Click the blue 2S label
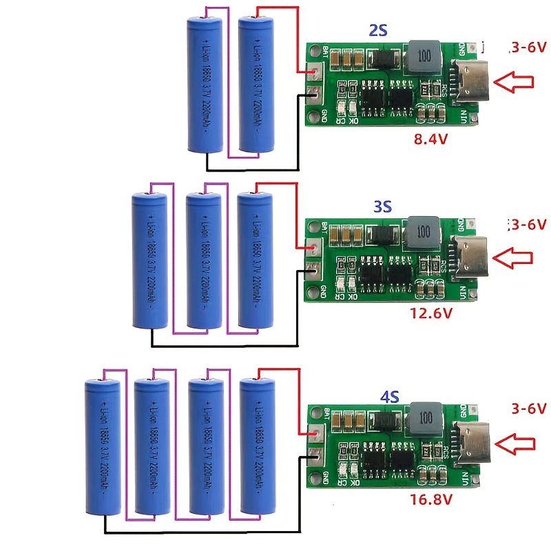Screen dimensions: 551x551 pos(378,30)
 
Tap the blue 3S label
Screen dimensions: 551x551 pos(382,207)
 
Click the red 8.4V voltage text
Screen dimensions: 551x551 pos(431,139)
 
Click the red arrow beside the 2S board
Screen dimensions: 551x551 pos(515,84)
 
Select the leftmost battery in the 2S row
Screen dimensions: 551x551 pos(205,85)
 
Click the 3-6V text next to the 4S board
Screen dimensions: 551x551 pos(528,409)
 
